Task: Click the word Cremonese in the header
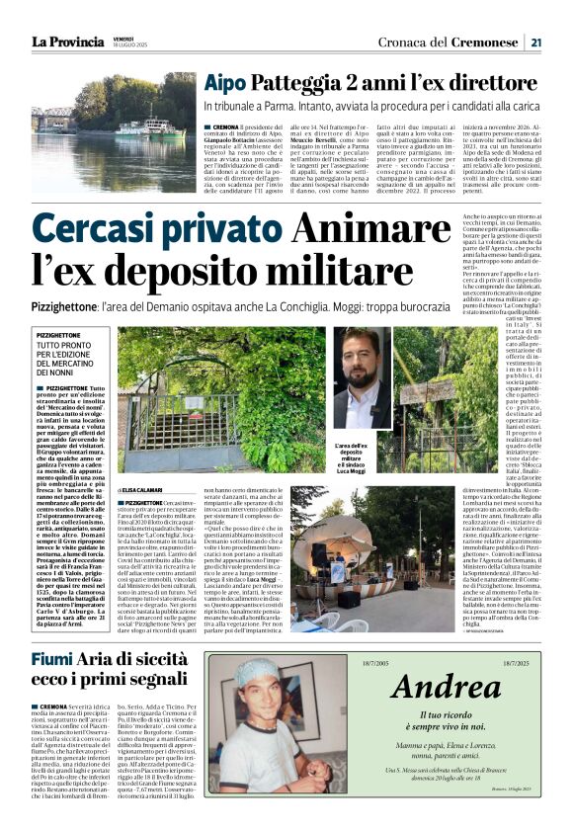click(x=482, y=42)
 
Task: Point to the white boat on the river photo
click(x=141, y=127)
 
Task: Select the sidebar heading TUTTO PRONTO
click(x=62, y=345)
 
